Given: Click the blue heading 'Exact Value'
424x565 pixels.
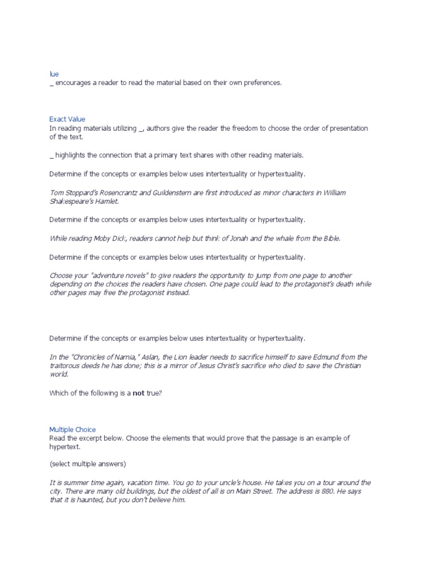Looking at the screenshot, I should click(67, 119).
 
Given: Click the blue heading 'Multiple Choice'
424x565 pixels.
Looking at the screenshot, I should click(72, 429).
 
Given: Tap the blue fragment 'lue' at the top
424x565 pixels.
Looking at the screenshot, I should click(54, 73).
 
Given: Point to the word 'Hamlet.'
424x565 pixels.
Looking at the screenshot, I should click(106, 201).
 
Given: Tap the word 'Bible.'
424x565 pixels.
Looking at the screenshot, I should click(329, 238).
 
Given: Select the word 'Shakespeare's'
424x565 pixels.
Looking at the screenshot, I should click(71, 201).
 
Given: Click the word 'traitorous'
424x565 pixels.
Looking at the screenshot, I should click(67, 365).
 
